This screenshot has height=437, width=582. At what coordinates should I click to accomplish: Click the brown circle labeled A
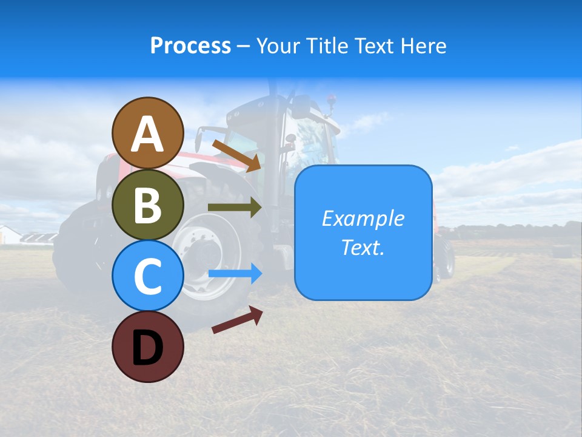(x=147, y=133)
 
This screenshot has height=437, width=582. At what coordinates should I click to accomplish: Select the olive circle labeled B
(x=147, y=205)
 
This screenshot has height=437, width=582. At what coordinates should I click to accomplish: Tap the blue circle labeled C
(x=147, y=276)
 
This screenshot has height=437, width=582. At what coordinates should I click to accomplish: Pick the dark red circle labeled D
(x=147, y=347)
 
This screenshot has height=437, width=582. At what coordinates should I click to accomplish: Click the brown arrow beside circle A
(x=236, y=155)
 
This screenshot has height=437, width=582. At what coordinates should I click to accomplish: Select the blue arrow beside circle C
(x=235, y=274)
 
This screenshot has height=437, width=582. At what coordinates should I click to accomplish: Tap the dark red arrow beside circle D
(x=237, y=320)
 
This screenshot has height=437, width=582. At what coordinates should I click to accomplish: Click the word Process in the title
(x=190, y=46)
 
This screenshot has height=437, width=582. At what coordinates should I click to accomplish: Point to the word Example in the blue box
(x=363, y=218)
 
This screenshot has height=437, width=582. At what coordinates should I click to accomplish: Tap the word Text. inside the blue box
(x=363, y=248)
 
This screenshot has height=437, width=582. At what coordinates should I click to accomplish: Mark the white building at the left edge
(x=9, y=235)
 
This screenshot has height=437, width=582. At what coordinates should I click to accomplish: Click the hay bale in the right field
(x=562, y=251)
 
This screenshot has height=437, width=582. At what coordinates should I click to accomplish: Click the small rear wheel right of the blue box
(x=445, y=258)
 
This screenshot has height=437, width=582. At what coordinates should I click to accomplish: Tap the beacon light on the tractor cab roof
(x=330, y=98)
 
